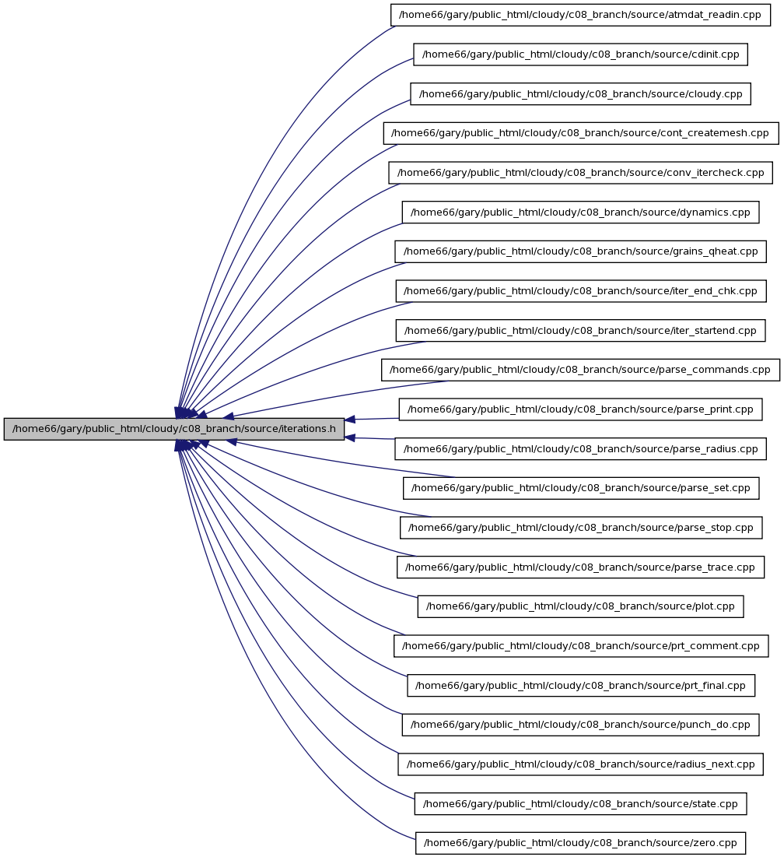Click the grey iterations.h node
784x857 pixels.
coord(174,429)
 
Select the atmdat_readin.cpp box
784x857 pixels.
coord(580,15)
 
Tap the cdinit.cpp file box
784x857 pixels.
coord(580,54)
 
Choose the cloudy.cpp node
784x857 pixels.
coord(580,93)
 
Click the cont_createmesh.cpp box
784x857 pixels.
coord(581,133)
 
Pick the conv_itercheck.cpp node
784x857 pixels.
coord(580,173)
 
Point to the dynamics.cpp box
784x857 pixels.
coord(580,212)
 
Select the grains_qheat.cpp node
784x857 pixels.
coord(580,251)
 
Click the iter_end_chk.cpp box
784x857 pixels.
coord(581,291)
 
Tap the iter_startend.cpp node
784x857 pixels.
coord(580,330)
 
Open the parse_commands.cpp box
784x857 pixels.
coord(580,370)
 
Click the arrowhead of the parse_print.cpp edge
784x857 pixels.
coord(350,420)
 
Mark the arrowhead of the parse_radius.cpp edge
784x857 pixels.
coord(350,437)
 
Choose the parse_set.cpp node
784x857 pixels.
coord(581,488)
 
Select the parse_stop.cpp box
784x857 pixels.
coord(581,528)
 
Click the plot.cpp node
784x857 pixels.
coord(580,606)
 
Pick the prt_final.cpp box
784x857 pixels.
coord(581,686)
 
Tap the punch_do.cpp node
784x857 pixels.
coord(580,725)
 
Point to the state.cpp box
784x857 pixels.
coord(580,803)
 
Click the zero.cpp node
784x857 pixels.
coord(580,843)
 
